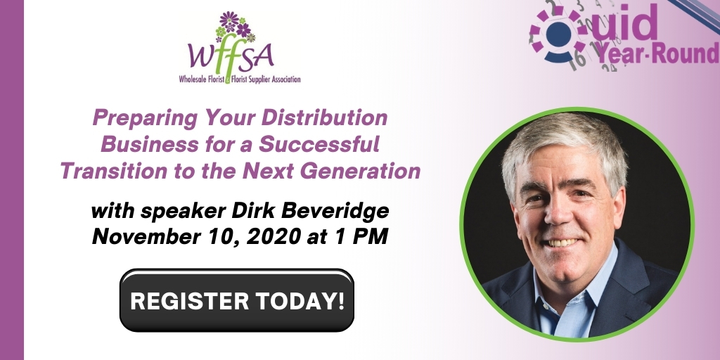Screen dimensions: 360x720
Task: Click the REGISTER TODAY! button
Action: coord(237,301)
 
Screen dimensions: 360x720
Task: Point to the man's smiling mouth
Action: coord(562,242)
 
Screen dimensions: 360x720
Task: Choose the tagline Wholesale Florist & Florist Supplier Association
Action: coord(238,80)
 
